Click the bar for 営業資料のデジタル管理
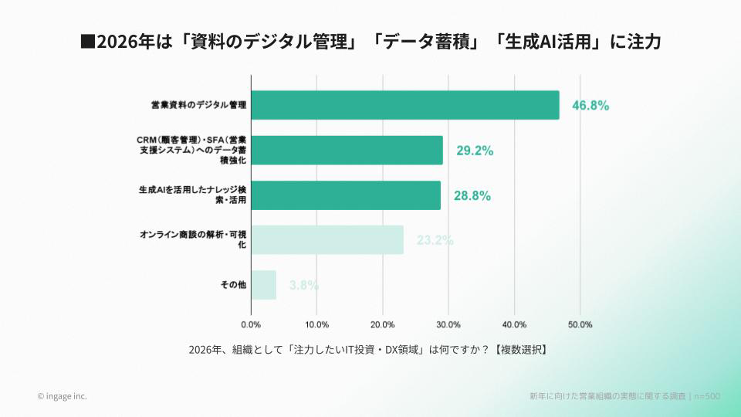405,105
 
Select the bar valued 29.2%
347,151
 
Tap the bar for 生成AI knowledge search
346,195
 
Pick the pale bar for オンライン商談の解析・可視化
327,240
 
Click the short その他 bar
264,285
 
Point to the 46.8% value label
590,106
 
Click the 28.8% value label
472,196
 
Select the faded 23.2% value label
435,240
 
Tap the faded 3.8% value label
304,285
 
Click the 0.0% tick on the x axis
252,324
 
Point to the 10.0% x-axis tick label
317,324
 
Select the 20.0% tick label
383,324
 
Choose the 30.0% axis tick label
448,324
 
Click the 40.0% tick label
515,324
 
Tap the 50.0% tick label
580,324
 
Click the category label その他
233,285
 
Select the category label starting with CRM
193,151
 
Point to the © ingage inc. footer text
62,396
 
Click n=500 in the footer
706,396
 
